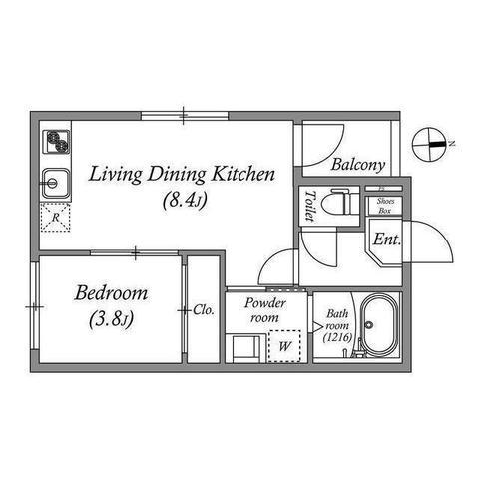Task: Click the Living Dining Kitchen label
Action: pyautogui.click(x=182, y=174)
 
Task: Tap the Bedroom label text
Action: pyautogui.click(x=111, y=293)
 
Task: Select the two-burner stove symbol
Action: pyautogui.click(x=57, y=142)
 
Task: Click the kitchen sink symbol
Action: pyautogui.click(x=56, y=183)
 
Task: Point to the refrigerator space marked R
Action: pyautogui.click(x=56, y=218)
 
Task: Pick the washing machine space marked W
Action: pyautogui.click(x=284, y=346)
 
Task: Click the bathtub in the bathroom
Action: pyautogui.click(x=379, y=325)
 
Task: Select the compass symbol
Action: pyautogui.click(x=429, y=145)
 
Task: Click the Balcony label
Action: pyautogui.click(x=358, y=165)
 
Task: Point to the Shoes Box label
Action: pyautogui.click(x=385, y=206)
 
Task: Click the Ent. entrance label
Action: pyautogui.click(x=387, y=239)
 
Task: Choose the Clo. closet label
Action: pyautogui.click(x=204, y=310)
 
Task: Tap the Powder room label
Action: pyautogui.click(x=265, y=310)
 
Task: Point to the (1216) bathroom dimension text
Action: pyautogui.click(x=338, y=338)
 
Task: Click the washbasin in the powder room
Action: pyautogui.click(x=246, y=349)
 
